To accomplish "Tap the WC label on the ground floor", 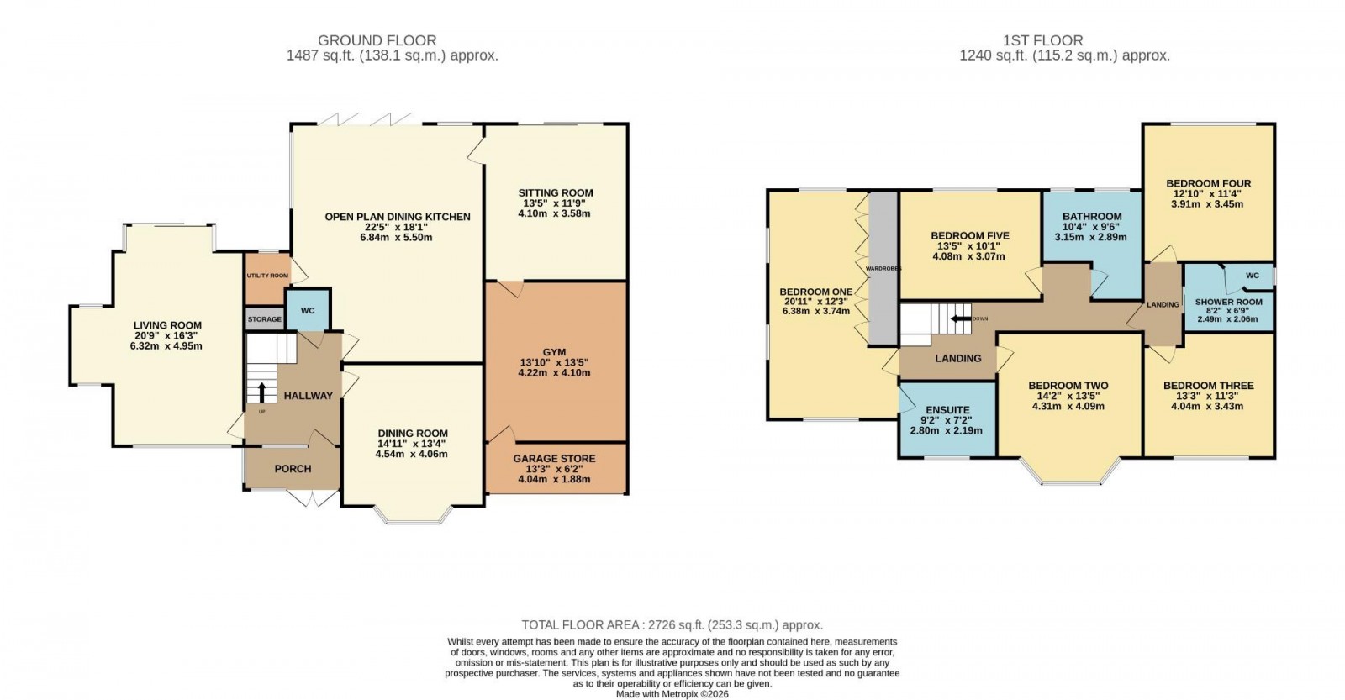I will [308, 311].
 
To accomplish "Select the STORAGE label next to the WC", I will [264, 319].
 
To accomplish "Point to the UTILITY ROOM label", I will [267, 276].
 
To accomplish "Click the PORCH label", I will [293, 469].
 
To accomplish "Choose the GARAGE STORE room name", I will [555, 458].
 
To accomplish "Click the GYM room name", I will [554, 352].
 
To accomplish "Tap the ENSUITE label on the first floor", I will [947, 410].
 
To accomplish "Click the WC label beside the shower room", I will [1253, 276].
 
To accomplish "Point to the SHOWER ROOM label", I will [1228, 303].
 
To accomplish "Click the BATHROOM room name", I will [1091, 217].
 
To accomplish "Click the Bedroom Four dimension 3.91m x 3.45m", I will [1208, 204].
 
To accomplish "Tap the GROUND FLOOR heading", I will [377, 40].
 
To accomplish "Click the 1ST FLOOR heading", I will [1042, 40].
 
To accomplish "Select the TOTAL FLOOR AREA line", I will [672, 625].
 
